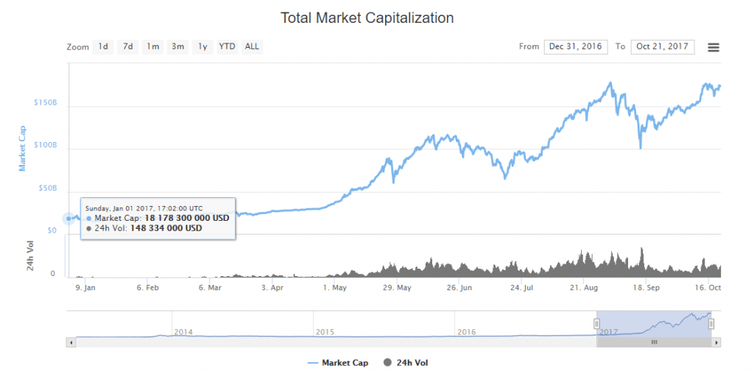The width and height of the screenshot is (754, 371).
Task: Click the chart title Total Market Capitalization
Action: coord(367,17)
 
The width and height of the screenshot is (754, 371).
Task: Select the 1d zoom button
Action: coord(103,46)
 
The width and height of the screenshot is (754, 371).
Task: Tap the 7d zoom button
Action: coord(128,46)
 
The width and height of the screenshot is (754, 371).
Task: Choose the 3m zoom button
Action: coord(177,46)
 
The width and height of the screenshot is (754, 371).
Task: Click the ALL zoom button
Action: coord(252,46)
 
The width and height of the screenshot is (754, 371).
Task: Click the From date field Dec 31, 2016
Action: coord(575,46)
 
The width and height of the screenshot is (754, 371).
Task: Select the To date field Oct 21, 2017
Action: coord(663,46)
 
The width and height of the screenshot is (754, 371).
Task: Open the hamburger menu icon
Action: coord(713,47)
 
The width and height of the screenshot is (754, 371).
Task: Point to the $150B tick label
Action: coord(46,102)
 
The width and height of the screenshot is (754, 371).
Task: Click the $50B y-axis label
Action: coord(48,188)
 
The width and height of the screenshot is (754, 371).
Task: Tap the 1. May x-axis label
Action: coord(334,289)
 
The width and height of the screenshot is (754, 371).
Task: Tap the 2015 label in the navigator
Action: coord(325,332)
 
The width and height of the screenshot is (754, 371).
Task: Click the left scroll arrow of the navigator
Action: coord(70,342)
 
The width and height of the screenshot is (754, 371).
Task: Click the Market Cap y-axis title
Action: coord(22,148)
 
